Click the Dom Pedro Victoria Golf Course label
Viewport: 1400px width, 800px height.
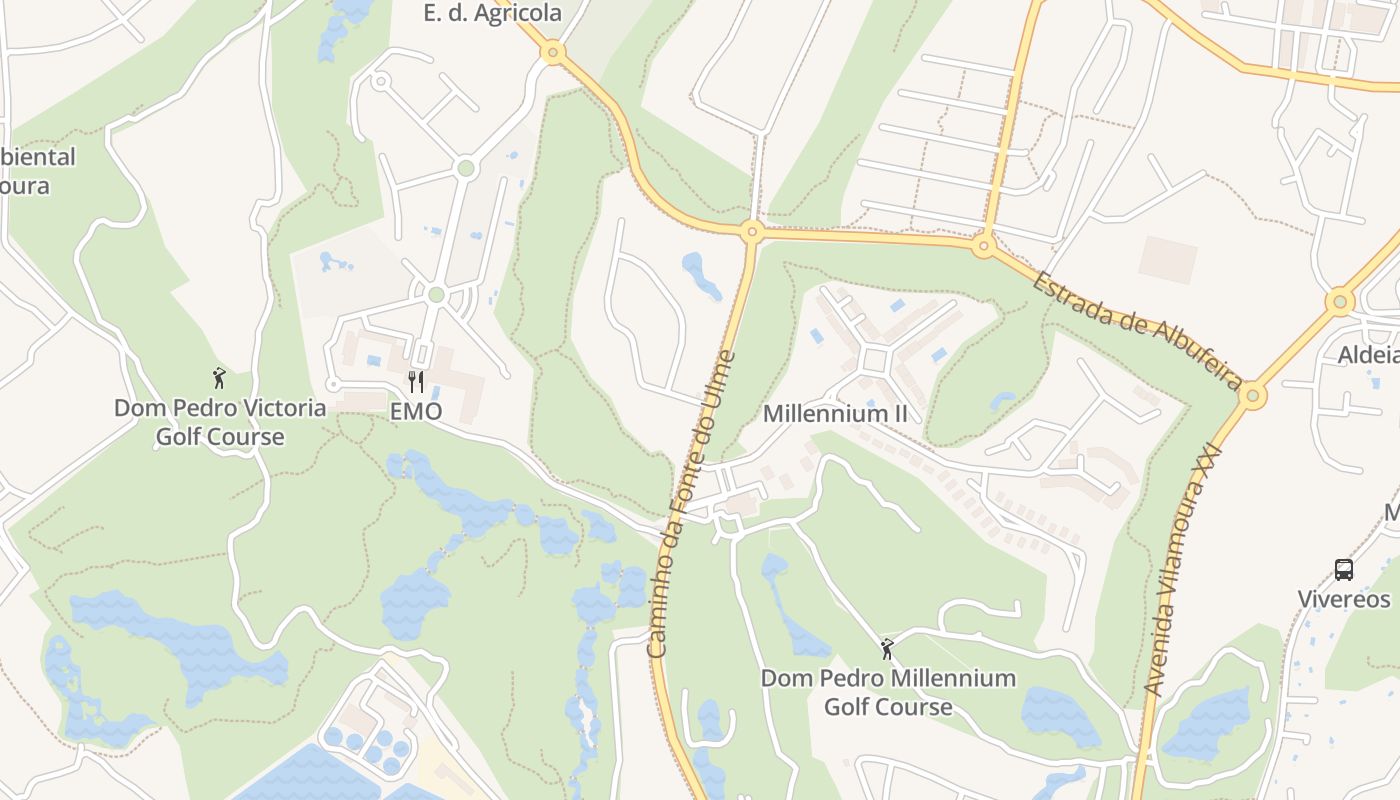pos(220,422)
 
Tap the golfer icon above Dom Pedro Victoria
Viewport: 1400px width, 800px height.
pos(219,378)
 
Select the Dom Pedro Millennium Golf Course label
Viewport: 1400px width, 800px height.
pos(888,692)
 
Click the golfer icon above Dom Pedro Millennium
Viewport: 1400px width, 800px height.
pos(887,649)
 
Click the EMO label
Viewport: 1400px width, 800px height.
pos(416,411)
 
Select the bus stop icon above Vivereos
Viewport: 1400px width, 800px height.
pos(1344,570)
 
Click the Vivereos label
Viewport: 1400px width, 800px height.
pos(1344,599)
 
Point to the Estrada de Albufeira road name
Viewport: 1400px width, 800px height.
pos(1138,331)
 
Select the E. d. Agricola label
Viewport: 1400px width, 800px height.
pos(492,13)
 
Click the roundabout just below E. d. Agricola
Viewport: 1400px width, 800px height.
pos(553,52)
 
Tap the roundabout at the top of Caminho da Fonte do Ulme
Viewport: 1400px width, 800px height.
pos(752,232)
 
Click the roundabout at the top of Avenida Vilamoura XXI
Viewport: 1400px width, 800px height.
pos(1251,396)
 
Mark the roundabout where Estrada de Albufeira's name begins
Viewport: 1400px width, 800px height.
pos(984,244)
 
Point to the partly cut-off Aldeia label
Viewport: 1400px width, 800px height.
pos(1369,355)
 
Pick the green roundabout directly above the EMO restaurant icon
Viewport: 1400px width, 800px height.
pos(435,294)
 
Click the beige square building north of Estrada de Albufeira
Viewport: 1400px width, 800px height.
pos(1167,259)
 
